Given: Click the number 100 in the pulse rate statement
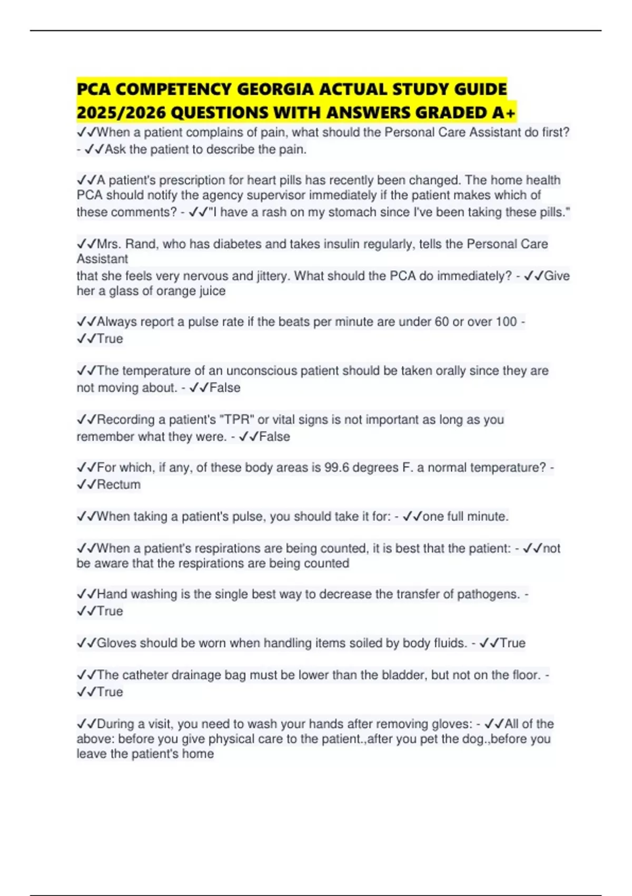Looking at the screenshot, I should pyautogui.click(x=506, y=322).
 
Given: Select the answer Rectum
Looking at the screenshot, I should pyautogui.click(x=118, y=484).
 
